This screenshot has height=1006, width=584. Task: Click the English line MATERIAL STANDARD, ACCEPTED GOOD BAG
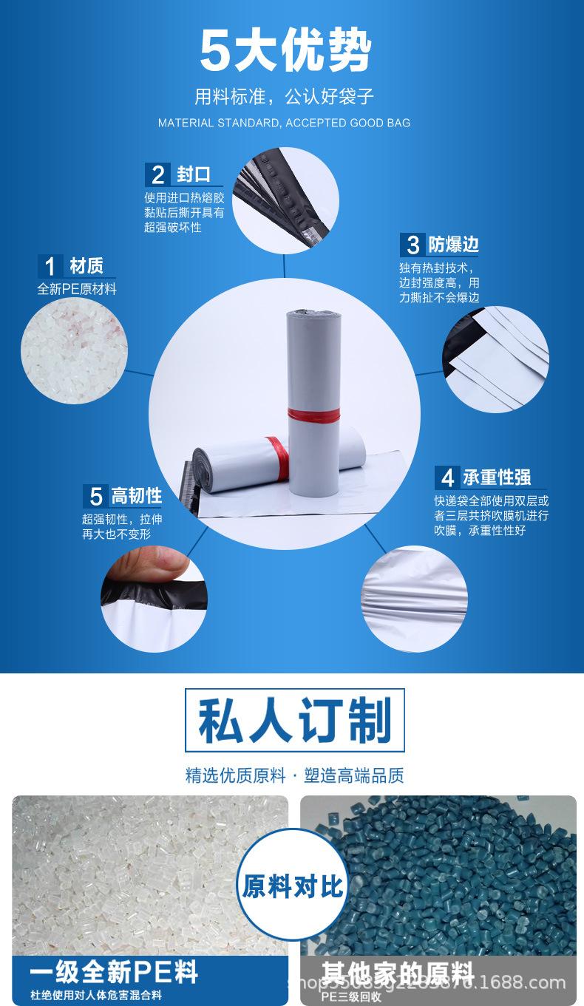[284, 123]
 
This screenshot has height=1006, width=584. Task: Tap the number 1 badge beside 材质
[50, 266]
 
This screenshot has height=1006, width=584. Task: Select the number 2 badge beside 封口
[157, 175]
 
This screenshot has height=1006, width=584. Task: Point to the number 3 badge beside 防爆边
[412, 245]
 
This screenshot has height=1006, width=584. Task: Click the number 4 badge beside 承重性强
[447, 477]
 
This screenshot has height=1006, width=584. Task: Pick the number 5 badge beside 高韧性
[95, 495]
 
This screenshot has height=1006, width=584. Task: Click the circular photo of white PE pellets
[74, 350]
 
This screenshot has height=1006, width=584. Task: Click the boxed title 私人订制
[294, 721]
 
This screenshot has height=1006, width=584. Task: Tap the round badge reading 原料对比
[293, 886]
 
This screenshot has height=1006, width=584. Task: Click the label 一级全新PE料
[114, 971]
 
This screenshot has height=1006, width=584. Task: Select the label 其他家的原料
[397, 971]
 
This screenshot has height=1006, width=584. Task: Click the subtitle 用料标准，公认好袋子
[284, 97]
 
